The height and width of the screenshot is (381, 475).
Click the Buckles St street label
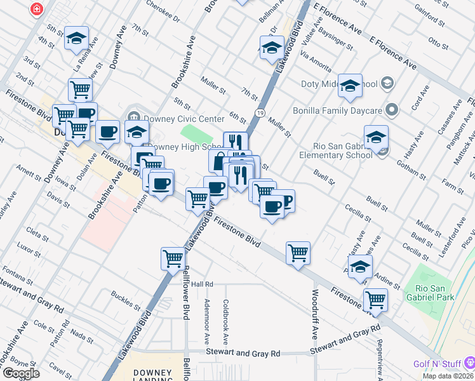[x=125, y=299]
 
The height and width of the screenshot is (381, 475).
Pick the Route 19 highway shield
[x=261, y=112]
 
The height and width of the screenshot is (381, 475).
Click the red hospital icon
[x=37, y=9]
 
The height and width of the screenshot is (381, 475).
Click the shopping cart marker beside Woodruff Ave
[x=298, y=252]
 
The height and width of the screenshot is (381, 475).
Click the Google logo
[x=20, y=373]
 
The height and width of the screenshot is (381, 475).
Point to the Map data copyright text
[x=448, y=376]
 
